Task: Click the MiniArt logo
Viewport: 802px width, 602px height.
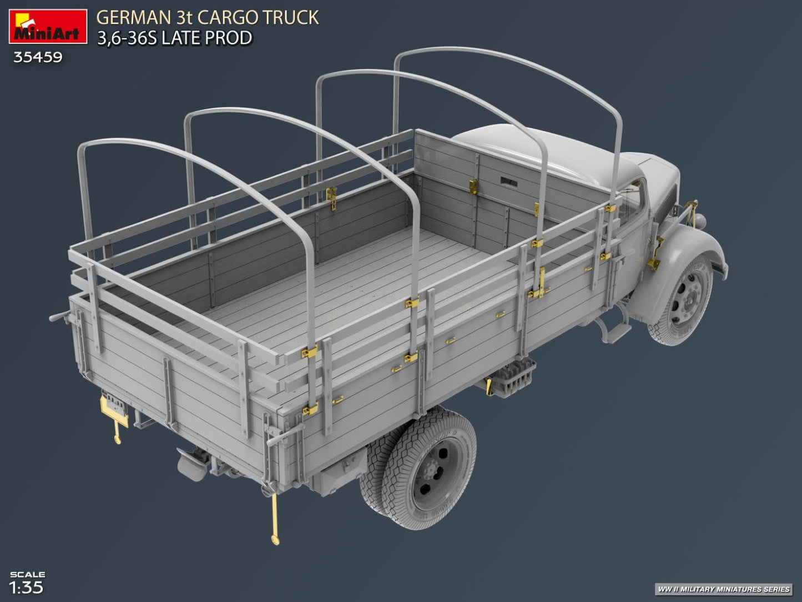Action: click(48, 26)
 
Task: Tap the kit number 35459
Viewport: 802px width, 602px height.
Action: click(38, 58)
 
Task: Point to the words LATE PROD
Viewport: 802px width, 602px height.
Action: click(206, 38)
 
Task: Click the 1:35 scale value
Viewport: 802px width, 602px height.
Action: click(26, 588)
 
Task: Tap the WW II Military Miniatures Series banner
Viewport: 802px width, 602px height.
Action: click(723, 589)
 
